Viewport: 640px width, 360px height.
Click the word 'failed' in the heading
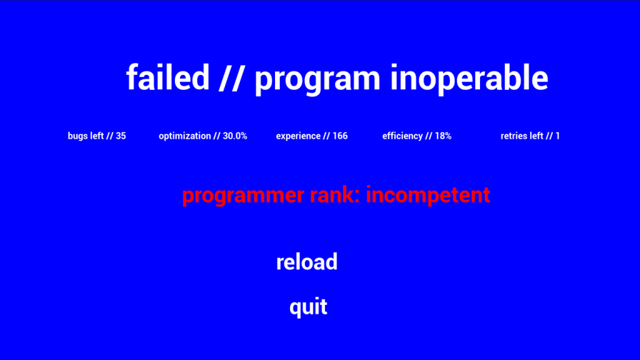167,77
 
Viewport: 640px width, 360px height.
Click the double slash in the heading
232,77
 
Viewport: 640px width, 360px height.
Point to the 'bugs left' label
86,136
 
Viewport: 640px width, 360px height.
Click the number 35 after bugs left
121,136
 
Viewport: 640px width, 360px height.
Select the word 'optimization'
185,136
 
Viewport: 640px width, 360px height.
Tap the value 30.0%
235,136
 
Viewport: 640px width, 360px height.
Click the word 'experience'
298,136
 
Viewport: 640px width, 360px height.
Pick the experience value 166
340,136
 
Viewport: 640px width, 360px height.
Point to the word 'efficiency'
402,136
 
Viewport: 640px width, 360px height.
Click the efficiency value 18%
443,136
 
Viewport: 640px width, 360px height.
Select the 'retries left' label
522,136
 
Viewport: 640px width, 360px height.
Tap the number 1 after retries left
557,136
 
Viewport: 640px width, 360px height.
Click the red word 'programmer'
243,196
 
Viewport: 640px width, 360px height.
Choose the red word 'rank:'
335,194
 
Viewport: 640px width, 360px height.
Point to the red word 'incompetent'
427,195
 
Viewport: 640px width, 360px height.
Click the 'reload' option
307,262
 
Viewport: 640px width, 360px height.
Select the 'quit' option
308,307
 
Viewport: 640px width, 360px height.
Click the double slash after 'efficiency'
429,136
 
